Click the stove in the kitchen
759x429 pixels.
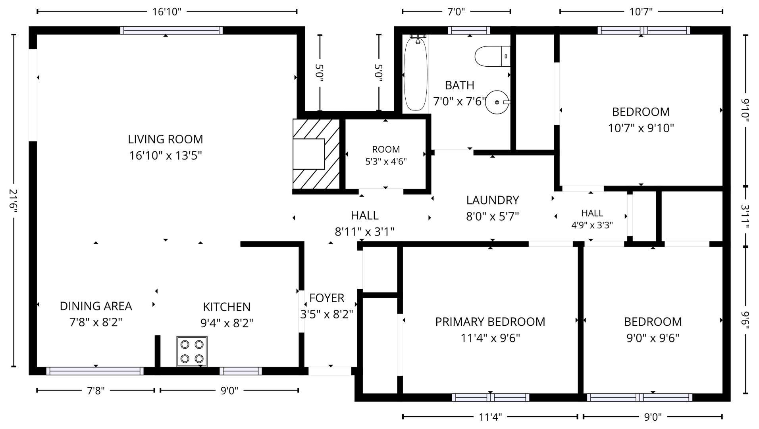192,351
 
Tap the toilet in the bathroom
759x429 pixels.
492,56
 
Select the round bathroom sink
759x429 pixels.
498,102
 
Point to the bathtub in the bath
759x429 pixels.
415,73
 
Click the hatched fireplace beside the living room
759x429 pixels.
316,154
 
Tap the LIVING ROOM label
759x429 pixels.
165,139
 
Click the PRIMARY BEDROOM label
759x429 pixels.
490,322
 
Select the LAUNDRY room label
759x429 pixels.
493,200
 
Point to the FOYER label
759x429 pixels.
327,298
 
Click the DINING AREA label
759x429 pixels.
96,306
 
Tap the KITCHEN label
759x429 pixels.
227,307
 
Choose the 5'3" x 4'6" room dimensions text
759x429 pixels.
386,162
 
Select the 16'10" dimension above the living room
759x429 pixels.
167,12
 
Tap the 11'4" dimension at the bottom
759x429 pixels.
490,417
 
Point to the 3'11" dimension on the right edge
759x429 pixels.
746,216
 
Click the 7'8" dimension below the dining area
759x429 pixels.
96,390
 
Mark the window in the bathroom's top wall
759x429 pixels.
469,30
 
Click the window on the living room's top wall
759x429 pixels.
171,30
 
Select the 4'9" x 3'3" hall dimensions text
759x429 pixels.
592,225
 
